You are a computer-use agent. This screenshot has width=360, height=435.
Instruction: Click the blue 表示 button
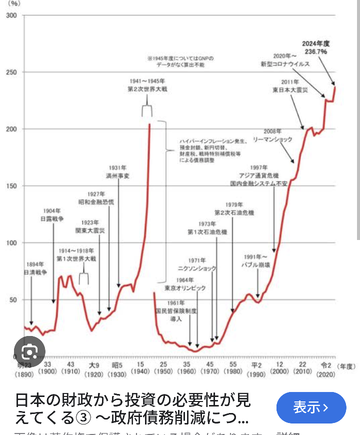[x=311, y=407]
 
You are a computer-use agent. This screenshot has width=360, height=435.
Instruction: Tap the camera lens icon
[x=29, y=352]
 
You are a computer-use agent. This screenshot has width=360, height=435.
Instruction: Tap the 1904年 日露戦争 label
[x=52, y=214]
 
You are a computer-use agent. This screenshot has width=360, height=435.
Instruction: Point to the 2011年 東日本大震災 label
[x=289, y=85]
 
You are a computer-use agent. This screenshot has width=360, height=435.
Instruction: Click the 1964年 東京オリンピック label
[x=185, y=284]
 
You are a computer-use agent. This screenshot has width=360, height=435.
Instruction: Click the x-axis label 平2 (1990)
[x=256, y=369]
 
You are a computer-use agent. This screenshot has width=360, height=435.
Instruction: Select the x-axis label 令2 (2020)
[x=326, y=369]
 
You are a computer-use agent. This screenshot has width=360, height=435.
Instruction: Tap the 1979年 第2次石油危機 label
[x=234, y=208]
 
